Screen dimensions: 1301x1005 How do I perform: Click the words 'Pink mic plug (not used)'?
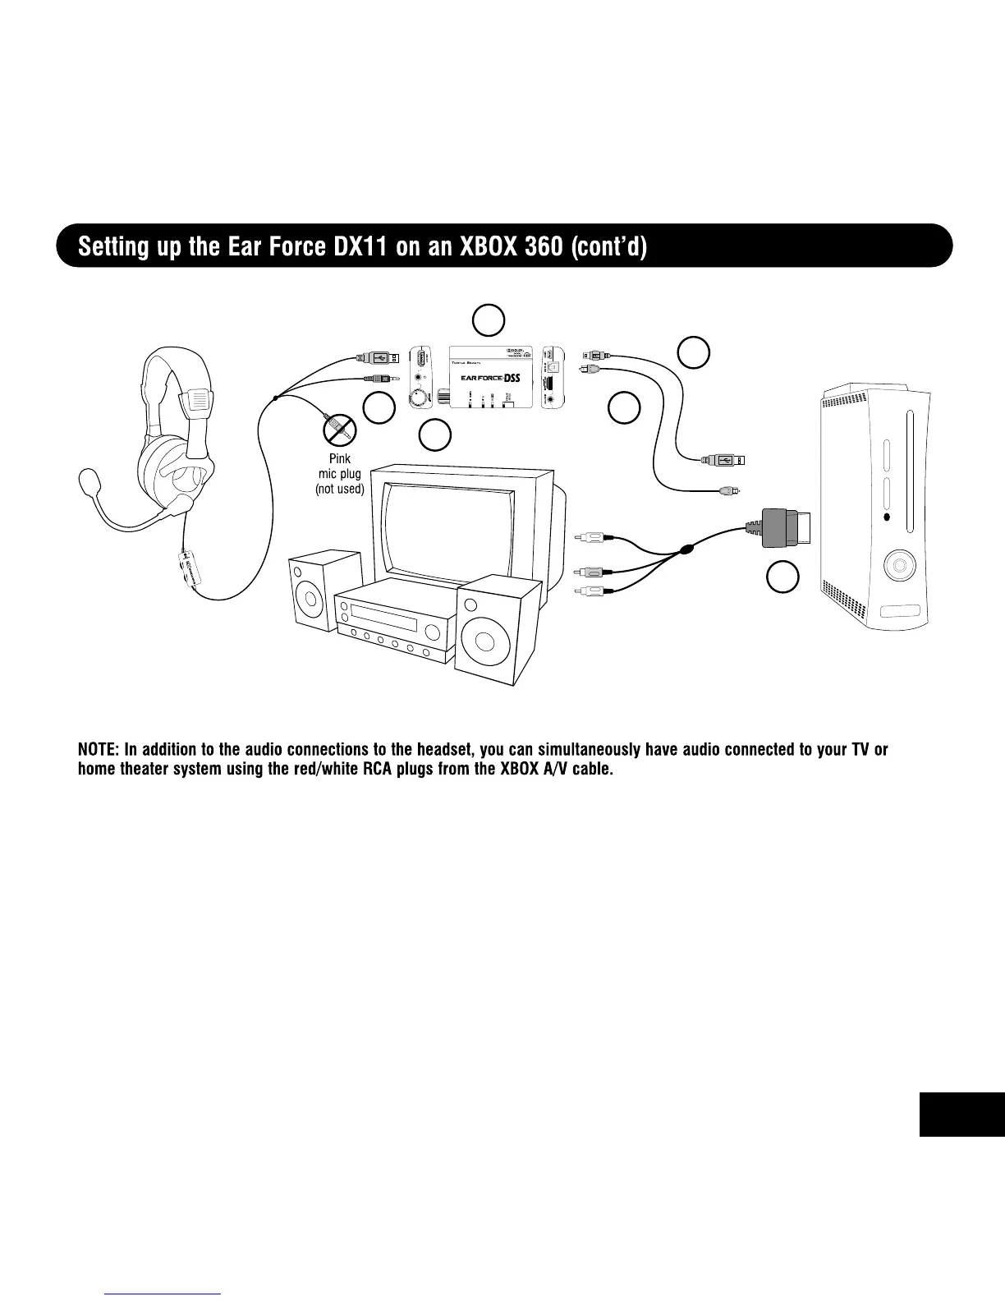339,475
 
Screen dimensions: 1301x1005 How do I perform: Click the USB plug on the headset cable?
380,357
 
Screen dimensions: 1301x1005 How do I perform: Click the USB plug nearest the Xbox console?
724,460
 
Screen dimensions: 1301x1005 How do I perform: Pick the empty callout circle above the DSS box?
488,320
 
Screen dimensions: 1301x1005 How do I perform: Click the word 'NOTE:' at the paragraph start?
99,750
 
